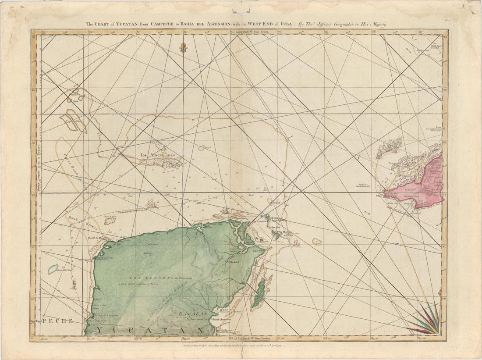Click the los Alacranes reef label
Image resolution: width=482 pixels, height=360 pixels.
(x=158, y=155)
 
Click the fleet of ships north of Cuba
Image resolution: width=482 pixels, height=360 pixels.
(x=390, y=145)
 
